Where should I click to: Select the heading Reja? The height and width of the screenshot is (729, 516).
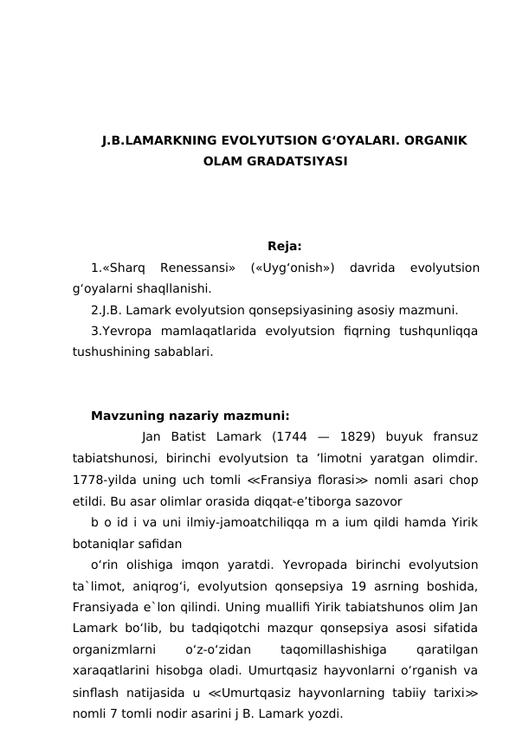pos(285,245)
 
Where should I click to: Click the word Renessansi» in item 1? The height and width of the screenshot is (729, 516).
pos(197,268)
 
